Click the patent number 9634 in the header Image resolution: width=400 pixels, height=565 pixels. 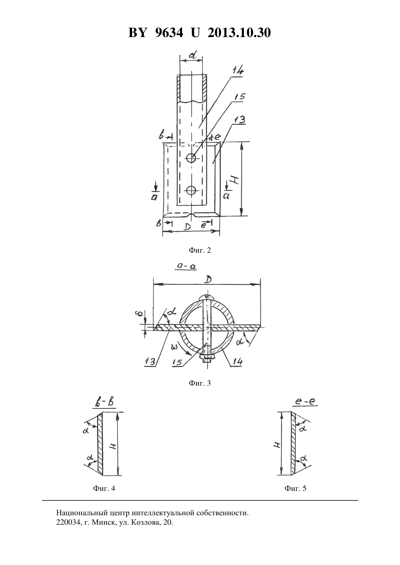tap(168, 33)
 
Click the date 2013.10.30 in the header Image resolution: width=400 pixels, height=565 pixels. tap(239, 33)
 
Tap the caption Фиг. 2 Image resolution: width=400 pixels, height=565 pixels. tap(200, 250)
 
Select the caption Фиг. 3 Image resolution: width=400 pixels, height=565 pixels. tap(200, 383)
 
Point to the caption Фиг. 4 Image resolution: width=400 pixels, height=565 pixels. tap(104, 488)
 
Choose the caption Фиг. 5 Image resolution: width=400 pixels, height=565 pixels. tap(295, 488)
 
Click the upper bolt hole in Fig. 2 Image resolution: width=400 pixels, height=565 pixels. tap(191, 158)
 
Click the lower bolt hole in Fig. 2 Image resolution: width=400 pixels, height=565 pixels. tap(191, 190)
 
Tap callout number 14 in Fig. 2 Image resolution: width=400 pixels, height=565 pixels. tap(238, 70)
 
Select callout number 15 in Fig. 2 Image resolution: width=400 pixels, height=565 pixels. tap(240, 97)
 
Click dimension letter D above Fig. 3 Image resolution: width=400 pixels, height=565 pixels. tap(208, 279)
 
